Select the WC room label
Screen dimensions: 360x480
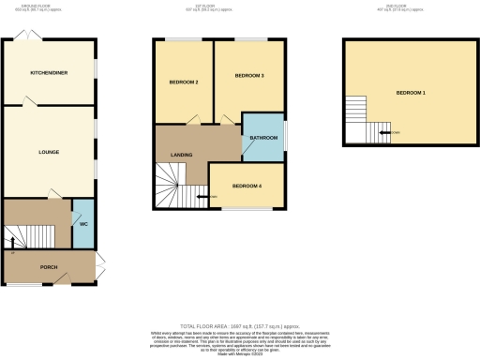pyautogui.click(x=82, y=226)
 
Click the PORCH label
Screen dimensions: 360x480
pyautogui.click(x=49, y=267)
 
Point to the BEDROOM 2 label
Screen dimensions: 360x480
pyautogui.click(x=184, y=82)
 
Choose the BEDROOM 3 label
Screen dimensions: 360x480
pyautogui.click(x=249, y=75)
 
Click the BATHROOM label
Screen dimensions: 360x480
pyautogui.click(x=263, y=138)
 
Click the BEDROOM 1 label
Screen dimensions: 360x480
pyautogui.click(x=411, y=93)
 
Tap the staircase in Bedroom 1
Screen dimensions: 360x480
pyautogui.click(x=361, y=118)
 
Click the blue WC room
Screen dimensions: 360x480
pyautogui.click(x=82, y=223)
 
